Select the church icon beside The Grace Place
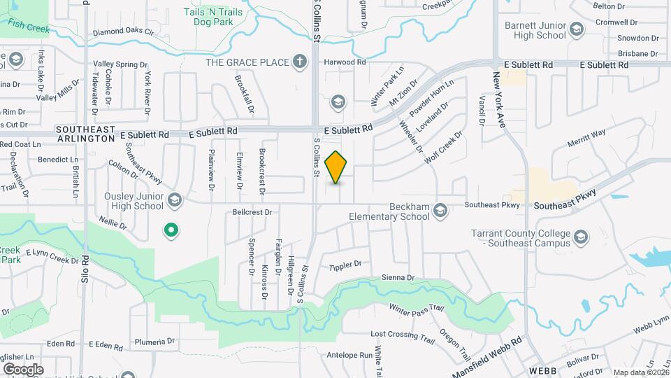(300, 62)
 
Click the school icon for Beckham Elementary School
(440, 210)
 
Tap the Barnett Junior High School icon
(577, 29)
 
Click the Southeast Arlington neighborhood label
(85, 134)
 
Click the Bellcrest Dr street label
(252, 211)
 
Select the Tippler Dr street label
(345, 265)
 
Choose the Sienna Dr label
(398, 278)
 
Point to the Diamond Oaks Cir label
(122, 32)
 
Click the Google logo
(23, 369)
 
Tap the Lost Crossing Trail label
(403, 335)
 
